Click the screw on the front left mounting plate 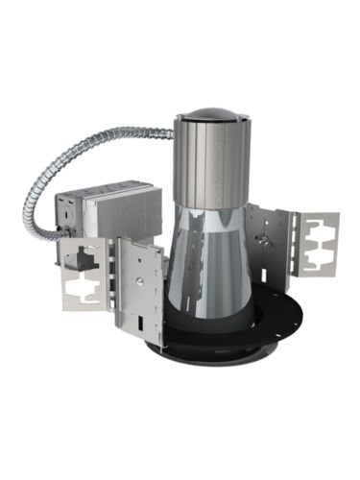(141, 281)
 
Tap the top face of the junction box (106, 189)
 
